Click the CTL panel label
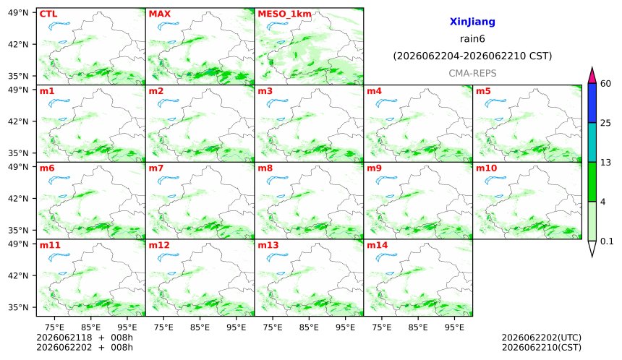(48, 14)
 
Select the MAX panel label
(159, 14)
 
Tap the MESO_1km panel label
(284, 14)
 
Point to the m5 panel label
(482, 91)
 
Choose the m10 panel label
(486, 168)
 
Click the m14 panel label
(378, 245)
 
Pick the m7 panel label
(156, 168)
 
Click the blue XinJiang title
(472, 22)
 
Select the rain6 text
(472, 39)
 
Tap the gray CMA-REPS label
(472, 73)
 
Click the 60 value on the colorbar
(606, 84)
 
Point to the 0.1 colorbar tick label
(607, 241)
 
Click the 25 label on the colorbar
(606, 123)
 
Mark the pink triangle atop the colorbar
(592, 75)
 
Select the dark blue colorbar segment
(592, 103)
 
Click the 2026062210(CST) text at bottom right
(542, 348)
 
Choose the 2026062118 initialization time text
(64, 338)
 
